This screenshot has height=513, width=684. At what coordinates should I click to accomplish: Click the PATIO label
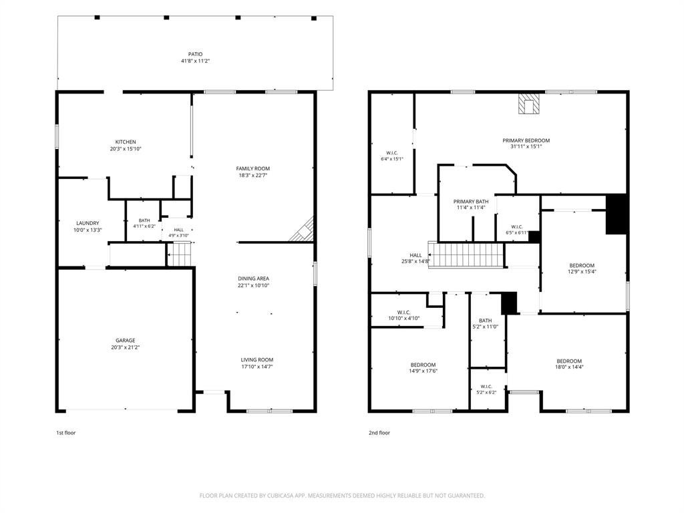pyautogui.click(x=196, y=54)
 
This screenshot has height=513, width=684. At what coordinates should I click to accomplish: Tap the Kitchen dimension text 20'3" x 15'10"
pyautogui.click(x=126, y=149)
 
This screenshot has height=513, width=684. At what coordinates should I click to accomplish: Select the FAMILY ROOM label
pyautogui.click(x=253, y=168)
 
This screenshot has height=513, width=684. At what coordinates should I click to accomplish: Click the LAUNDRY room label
pyautogui.click(x=88, y=223)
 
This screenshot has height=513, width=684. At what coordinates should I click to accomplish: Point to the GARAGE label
pyautogui.click(x=126, y=340)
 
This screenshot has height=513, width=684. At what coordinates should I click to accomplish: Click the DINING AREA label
pyautogui.click(x=253, y=279)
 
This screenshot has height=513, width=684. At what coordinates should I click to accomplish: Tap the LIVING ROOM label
pyautogui.click(x=257, y=360)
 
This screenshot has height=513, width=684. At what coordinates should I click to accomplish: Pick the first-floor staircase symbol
pyautogui.click(x=180, y=254)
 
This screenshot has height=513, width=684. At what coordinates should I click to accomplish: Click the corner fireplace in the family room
pyautogui.click(x=303, y=229)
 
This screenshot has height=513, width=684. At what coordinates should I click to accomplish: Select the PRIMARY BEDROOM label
pyautogui.click(x=526, y=140)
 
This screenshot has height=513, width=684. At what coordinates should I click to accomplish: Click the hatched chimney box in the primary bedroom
pyautogui.click(x=529, y=104)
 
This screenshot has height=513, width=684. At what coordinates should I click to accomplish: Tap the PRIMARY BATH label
pyautogui.click(x=471, y=202)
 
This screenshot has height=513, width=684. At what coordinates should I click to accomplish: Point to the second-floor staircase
pyautogui.click(x=466, y=254)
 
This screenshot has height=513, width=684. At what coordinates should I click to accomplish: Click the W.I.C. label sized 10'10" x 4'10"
pyautogui.click(x=404, y=313)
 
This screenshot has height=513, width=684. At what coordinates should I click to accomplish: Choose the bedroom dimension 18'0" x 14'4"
pyautogui.click(x=569, y=367)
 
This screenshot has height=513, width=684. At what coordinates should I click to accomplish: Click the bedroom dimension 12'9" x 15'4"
pyautogui.click(x=582, y=271)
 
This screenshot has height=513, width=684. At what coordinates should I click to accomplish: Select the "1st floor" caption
pyautogui.click(x=66, y=433)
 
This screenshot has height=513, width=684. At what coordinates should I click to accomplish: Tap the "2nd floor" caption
pyautogui.click(x=379, y=433)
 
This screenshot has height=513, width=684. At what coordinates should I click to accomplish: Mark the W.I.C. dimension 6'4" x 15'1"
pyautogui.click(x=392, y=159)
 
